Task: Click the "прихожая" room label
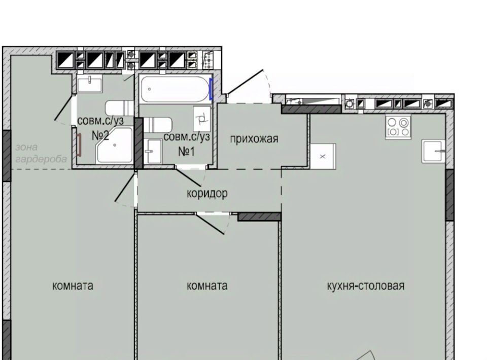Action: [x=254, y=139]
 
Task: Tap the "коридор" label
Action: [x=207, y=193]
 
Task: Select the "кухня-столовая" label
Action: [x=366, y=285]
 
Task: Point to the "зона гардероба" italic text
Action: [x=41, y=153]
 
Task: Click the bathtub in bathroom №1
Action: [x=175, y=89]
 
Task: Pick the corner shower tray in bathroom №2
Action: [x=114, y=145]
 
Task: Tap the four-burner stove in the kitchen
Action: [x=398, y=127]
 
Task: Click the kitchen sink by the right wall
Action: [x=433, y=152]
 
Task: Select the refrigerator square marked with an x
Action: [x=323, y=156]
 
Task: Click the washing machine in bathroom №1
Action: [x=202, y=119]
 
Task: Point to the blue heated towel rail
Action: [x=211, y=89]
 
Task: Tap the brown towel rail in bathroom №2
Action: [x=79, y=145]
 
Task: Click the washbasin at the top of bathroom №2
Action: [x=90, y=84]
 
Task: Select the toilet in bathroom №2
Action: [x=119, y=109]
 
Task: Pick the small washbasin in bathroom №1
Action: [x=153, y=151]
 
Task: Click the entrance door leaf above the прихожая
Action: [x=246, y=82]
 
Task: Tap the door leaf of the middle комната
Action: [x=210, y=224]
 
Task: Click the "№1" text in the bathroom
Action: [x=186, y=152]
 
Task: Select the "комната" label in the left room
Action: [x=73, y=285]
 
